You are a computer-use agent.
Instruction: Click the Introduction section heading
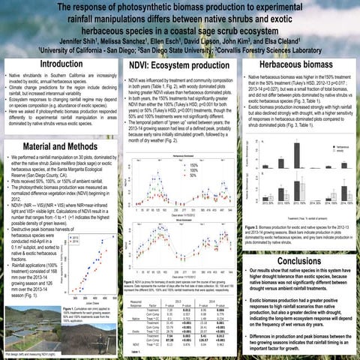click(60, 64)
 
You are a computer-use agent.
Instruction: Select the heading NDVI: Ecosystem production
click(178, 66)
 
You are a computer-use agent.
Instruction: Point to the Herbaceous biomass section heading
click(298, 65)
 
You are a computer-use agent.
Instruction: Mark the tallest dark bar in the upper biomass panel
click(297, 152)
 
